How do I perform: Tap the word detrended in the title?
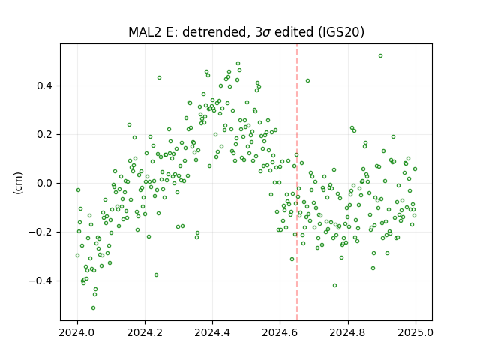(x=214, y=32)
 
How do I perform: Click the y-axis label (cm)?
(x=18, y=183)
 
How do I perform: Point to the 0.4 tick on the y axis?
(x=45, y=85)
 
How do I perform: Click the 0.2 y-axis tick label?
(x=45, y=134)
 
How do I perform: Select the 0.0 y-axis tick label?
(x=45, y=183)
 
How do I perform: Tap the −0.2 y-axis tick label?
(x=41, y=232)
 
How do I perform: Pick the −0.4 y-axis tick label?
(x=41, y=280)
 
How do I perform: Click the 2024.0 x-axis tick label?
(x=77, y=332)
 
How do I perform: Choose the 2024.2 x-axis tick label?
(x=145, y=332)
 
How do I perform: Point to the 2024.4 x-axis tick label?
(x=212, y=332)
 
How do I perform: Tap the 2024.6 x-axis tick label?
(x=280, y=332)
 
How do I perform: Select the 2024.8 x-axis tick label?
(x=347, y=332)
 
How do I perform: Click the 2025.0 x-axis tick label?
(x=415, y=332)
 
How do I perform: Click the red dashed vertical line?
(x=297, y=182)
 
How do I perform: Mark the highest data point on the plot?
(x=380, y=56)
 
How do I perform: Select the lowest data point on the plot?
(x=93, y=308)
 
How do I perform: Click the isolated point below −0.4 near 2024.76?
(x=335, y=285)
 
